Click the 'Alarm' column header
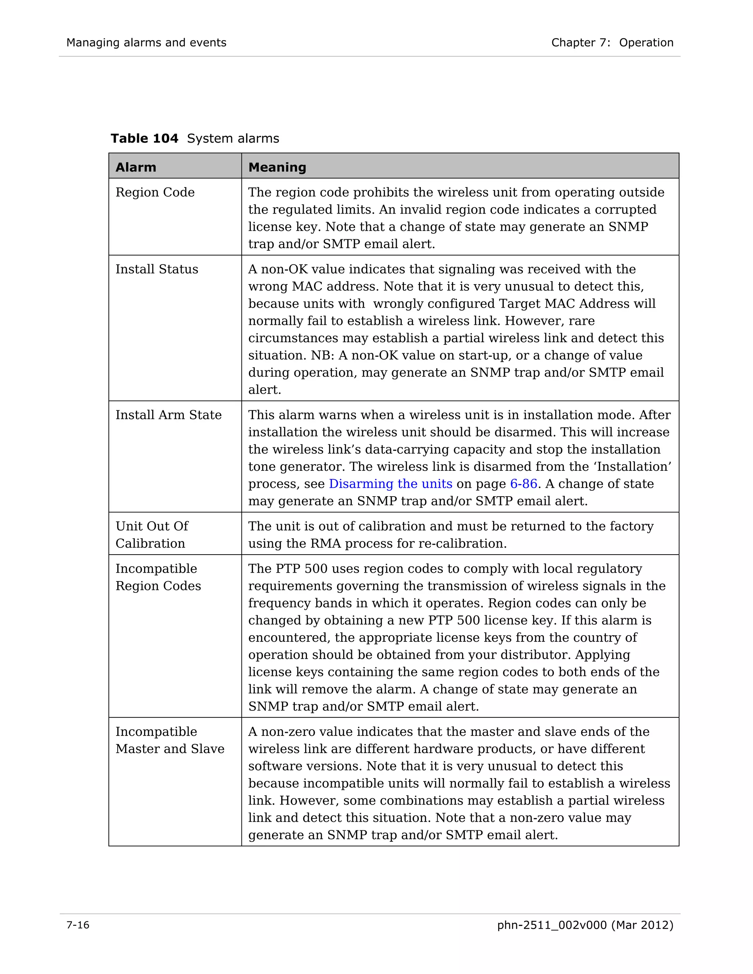coord(136,167)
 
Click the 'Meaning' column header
coord(277,167)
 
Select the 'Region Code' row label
coord(155,192)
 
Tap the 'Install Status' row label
coord(157,269)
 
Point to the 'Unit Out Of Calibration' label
coord(152,535)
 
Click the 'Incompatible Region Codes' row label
coord(158,577)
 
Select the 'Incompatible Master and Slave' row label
coord(169,740)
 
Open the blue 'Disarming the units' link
coord(390,484)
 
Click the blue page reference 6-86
coord(523,484)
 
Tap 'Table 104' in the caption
coord(144,139)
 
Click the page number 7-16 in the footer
coord(78,925)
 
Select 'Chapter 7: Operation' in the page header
coord(612,43)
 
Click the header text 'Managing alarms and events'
coord(146,43)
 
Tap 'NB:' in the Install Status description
coord(322,355)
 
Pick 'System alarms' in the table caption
coord(233,139)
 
